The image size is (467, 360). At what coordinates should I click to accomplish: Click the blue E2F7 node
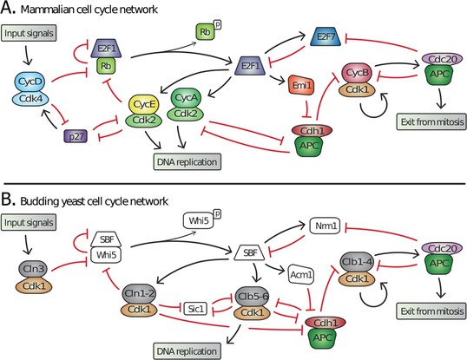coord(326,37)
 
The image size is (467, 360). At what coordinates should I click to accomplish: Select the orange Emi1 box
coord(301,85)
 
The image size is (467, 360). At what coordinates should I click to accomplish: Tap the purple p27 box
coord(76,136)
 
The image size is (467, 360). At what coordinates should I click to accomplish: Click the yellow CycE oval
coord(144,104)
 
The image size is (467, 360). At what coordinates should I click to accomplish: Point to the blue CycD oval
coord(30,82)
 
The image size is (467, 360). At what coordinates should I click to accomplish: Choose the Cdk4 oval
coord(31,98)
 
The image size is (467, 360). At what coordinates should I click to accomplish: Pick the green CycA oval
coord(186,97)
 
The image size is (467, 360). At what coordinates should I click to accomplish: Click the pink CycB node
coord(357,73)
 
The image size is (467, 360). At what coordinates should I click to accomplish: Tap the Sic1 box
coord(195,309)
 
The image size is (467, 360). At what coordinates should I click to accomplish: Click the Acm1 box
coord(301,274)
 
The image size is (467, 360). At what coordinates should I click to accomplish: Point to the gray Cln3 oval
coord(33,269)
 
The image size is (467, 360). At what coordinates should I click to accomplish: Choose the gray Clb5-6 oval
coord(252,297)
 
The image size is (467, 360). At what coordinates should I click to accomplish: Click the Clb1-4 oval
coord(357,262)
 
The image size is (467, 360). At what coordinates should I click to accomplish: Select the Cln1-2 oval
coord(139,294)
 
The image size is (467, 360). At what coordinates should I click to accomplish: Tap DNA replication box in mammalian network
coord(187,162)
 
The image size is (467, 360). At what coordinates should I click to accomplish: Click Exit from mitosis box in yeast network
coord(431,311)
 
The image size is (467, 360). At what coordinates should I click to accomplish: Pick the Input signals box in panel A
coord(29,33)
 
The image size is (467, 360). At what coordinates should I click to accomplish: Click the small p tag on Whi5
coord(217,214)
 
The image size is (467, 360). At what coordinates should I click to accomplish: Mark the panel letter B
coord(8,200)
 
